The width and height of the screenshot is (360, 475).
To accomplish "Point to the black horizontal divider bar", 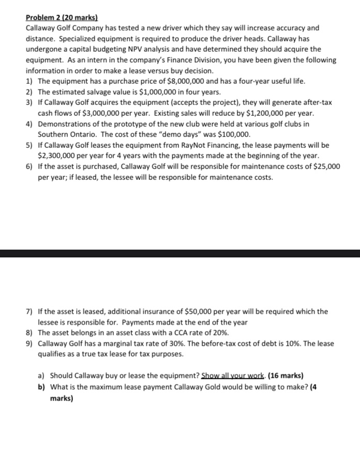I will pos(180,253).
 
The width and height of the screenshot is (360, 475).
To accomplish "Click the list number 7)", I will pos(30,311).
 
